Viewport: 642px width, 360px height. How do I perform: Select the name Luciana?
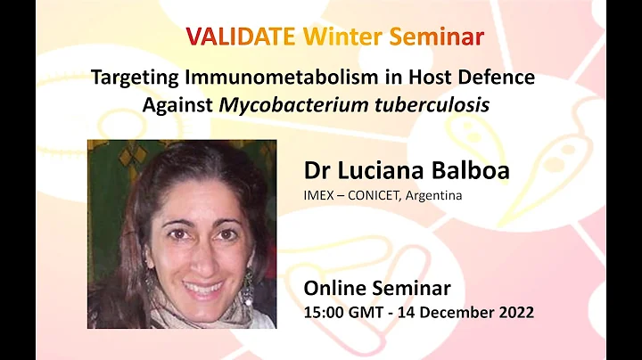[x=381, y=171]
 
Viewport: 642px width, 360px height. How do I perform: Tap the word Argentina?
[x=433, y=195]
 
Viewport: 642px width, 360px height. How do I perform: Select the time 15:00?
[x=324, y=312]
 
